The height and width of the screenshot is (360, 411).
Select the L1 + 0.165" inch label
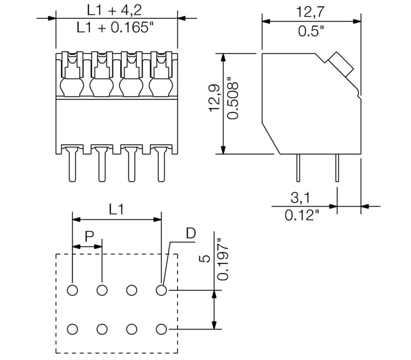point(116,28)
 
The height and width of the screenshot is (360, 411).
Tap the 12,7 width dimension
point(311,11)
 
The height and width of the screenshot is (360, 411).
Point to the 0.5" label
point(311,31)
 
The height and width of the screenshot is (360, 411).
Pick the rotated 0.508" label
point(233,103)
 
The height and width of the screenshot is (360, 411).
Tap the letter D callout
point(191,234)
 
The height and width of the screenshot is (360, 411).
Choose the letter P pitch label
point(88,237)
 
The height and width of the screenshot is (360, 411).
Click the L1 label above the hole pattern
point(117,209)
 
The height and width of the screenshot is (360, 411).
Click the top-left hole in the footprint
point(72,291)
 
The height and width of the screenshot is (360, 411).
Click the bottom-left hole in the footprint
point(72,329)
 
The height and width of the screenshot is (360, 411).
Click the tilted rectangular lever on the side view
point(340,64)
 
